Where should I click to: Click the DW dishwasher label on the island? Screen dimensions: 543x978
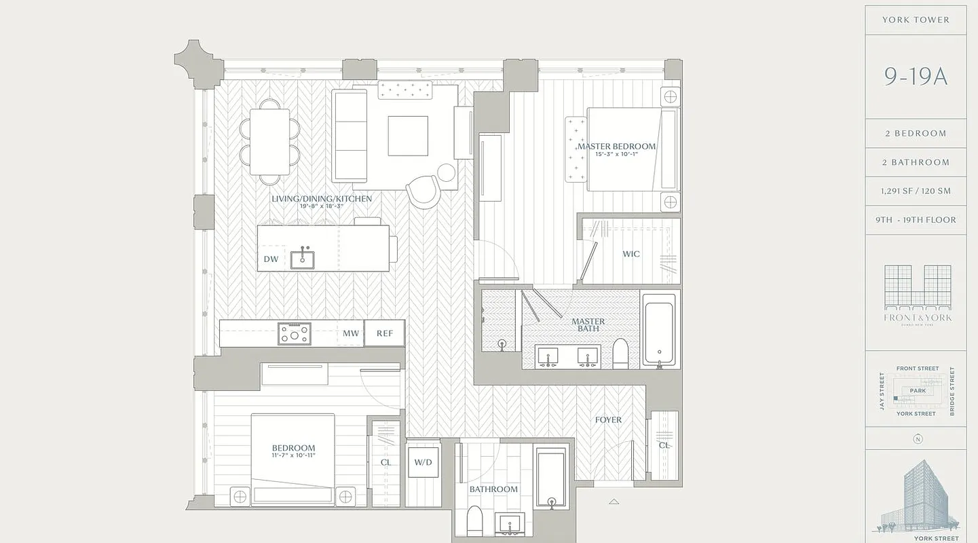coord(271,259)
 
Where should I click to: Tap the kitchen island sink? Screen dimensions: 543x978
coord(302,259)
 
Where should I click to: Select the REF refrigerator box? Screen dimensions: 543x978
coord(385,333)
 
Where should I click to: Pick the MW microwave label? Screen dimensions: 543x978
coord(351,333)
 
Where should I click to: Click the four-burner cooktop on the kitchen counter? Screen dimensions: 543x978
coord(295,333)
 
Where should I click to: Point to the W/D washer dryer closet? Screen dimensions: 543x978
coord(423,462)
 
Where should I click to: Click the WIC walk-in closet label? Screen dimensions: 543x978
coord(631,255)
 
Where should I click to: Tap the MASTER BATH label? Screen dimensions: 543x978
coord(588,325)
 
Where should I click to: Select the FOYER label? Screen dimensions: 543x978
coord(608,420)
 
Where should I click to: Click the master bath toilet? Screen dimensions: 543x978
coord(620,354)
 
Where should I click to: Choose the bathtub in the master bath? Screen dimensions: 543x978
coord(658,331)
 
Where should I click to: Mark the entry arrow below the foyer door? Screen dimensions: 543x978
coord(614,502)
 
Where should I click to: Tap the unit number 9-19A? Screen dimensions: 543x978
coord(916,77)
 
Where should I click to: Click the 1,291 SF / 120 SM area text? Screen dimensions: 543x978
coord(916,191)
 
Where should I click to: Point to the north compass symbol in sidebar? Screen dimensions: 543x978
coord(918,438)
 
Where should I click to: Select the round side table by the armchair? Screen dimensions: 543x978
coord(447,172)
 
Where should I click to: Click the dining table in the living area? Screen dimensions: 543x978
coord(269,142)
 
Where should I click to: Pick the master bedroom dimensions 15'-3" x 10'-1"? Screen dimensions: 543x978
coord(616,154)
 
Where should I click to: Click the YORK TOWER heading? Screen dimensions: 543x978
coord(916,20)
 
